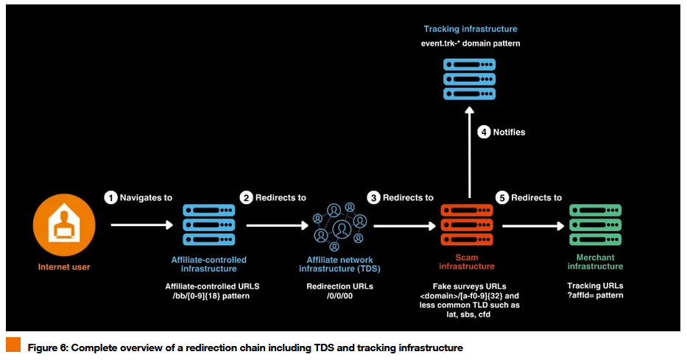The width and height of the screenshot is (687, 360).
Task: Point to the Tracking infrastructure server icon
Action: coord(470,78)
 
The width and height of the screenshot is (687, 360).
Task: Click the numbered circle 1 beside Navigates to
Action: coord(110,197)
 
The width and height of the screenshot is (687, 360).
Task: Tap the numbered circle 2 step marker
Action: coord(247,197)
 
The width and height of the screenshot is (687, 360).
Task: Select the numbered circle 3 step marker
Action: coord(374,197)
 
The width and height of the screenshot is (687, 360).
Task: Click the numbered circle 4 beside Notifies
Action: coord(484,133)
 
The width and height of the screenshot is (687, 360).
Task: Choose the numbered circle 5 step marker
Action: coord(502,197)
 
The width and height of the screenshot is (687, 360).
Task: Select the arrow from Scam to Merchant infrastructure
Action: coord(530,226)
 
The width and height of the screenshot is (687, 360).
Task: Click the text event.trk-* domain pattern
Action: coord(470,43)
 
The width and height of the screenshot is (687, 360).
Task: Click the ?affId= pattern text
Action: coord(595,295)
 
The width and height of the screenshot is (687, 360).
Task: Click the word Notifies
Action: coord(509,133)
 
